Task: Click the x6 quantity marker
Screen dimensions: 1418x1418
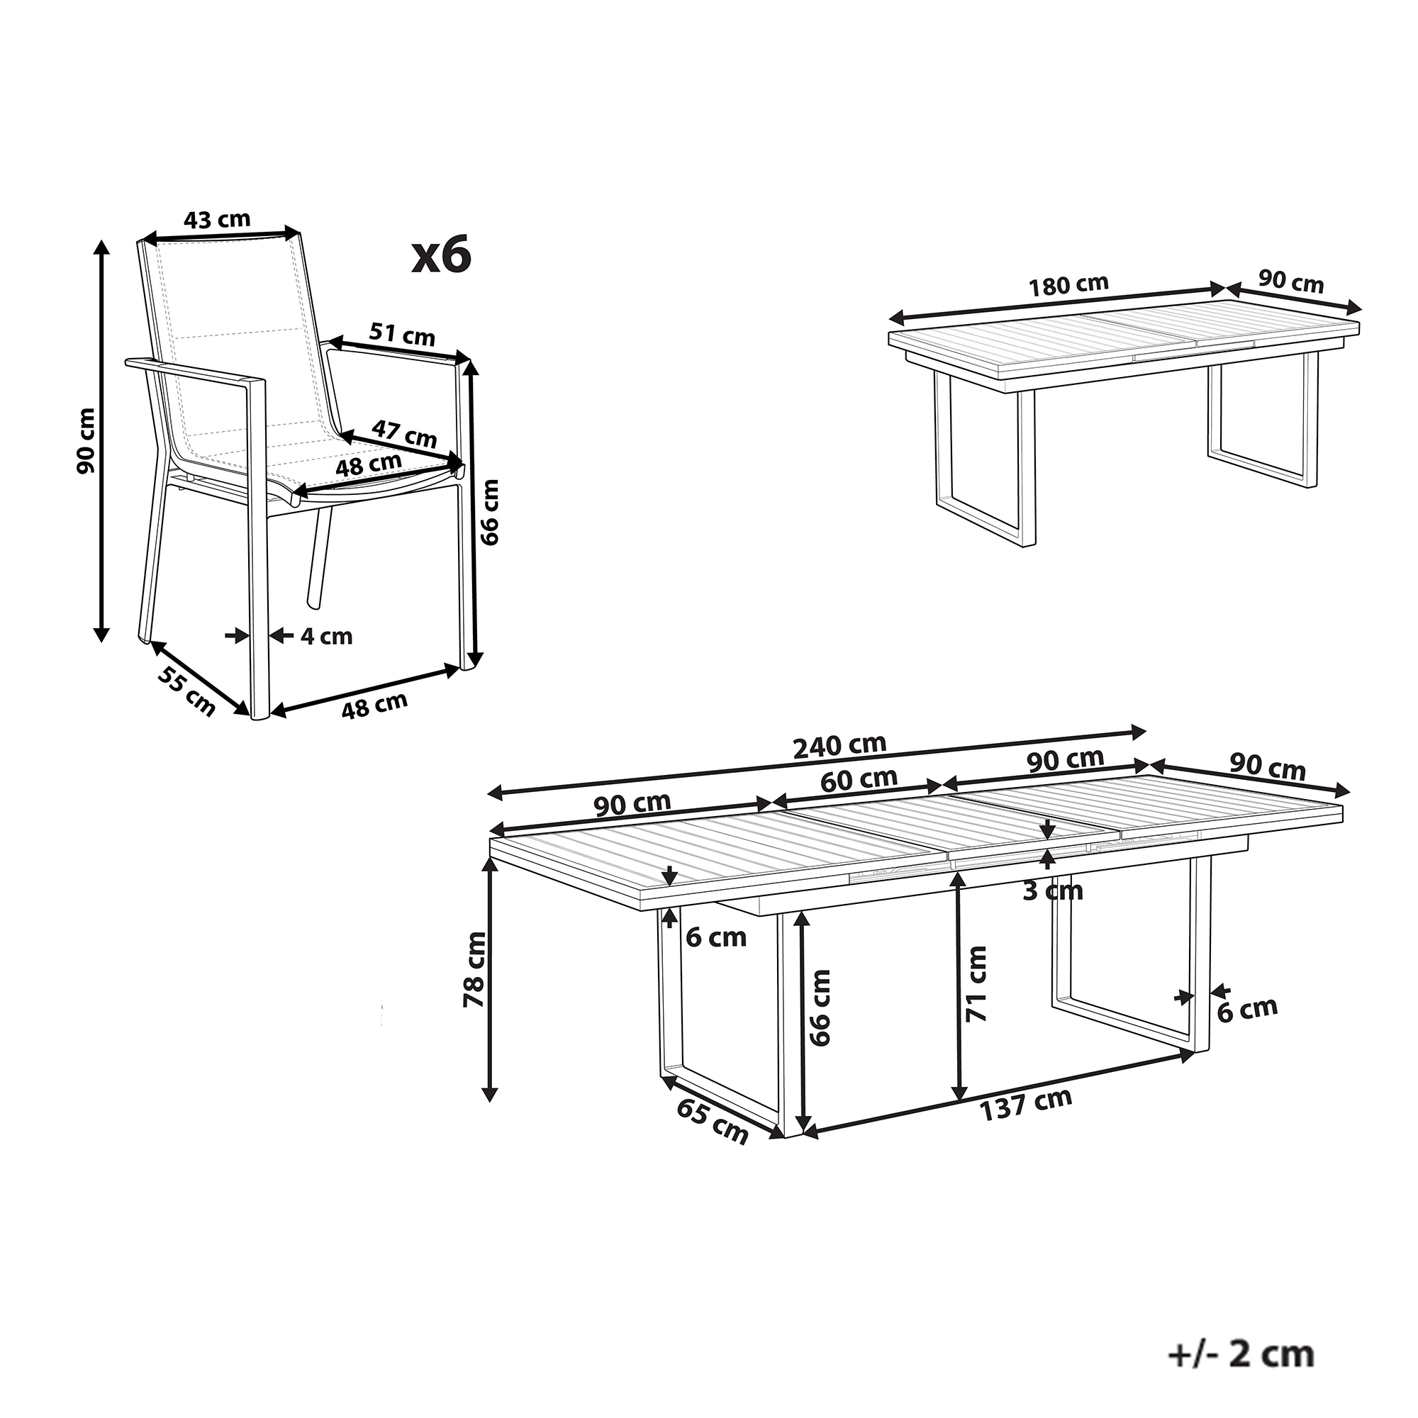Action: (440, 256)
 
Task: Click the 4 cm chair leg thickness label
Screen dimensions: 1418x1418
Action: (327, 637)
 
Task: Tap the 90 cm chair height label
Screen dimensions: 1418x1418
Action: (86, 440)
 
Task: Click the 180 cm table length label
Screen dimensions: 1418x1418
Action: (1068, 285)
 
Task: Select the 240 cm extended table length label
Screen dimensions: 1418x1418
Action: (839, 747)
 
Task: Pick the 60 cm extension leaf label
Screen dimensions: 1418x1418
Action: (859, 780)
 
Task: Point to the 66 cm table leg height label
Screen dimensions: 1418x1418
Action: (820, 1007)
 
